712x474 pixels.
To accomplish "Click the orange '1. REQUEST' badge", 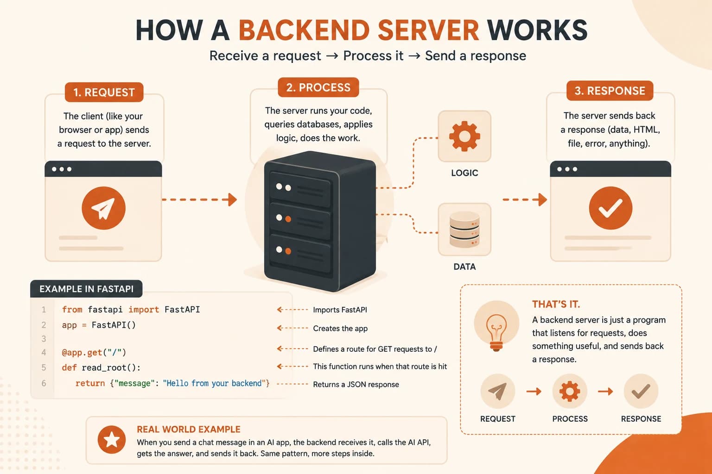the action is pos(104,92).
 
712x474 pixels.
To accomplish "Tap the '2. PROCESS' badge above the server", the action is pos(318,87).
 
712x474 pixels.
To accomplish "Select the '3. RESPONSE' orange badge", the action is pos(610,91).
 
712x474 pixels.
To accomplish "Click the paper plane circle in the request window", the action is pos(104,208).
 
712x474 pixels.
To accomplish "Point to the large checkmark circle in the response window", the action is pos(610,208).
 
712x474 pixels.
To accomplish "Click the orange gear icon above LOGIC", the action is pos(464,136).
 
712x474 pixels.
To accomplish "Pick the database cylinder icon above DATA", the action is pos(464,230).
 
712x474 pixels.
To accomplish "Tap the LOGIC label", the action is pos(464,173).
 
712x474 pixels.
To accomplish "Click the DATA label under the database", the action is pos(464,267).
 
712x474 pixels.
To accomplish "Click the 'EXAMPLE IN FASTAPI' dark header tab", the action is pos(86,289).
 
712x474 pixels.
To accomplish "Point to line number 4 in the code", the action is pos(44,352).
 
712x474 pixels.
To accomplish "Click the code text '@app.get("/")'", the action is pos(94,352).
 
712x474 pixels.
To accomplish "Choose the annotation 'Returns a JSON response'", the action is pos(356,385).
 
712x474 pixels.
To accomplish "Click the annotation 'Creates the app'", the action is pos(340,328).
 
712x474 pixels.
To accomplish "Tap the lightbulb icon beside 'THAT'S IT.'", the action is pos(496,332).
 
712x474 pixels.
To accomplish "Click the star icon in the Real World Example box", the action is pos(112,440).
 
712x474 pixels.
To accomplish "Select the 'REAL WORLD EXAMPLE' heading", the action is pos(189,429).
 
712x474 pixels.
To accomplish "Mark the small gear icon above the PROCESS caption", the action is pos(570,391).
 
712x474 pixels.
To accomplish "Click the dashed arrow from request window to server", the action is pos(199,200).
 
